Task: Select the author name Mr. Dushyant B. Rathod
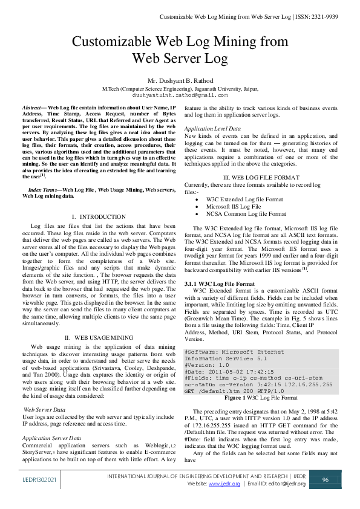pyautogui.click(x=180, y=80)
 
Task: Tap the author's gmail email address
pyautogui.click(x=180, y=95)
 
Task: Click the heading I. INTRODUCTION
pyautogui.click(x=97, y=216)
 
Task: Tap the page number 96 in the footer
pyautogui.click(x=325, y=479)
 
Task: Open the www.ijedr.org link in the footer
pyautogui.click(x=220, y=484)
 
